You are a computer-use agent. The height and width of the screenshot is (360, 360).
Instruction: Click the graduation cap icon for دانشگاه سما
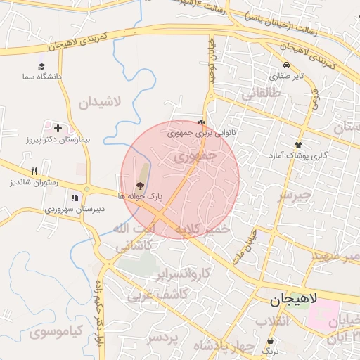point(41,66)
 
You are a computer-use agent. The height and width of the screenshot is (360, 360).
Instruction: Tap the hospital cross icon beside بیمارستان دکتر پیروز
point(57,129)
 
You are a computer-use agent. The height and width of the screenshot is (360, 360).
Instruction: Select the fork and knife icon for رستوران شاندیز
point(34,171)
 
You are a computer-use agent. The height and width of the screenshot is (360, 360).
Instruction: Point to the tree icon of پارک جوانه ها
point(139,186)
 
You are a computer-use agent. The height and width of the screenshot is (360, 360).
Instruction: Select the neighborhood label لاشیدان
point(99,102)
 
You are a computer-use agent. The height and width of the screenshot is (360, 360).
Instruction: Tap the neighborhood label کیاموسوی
point(57,330)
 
